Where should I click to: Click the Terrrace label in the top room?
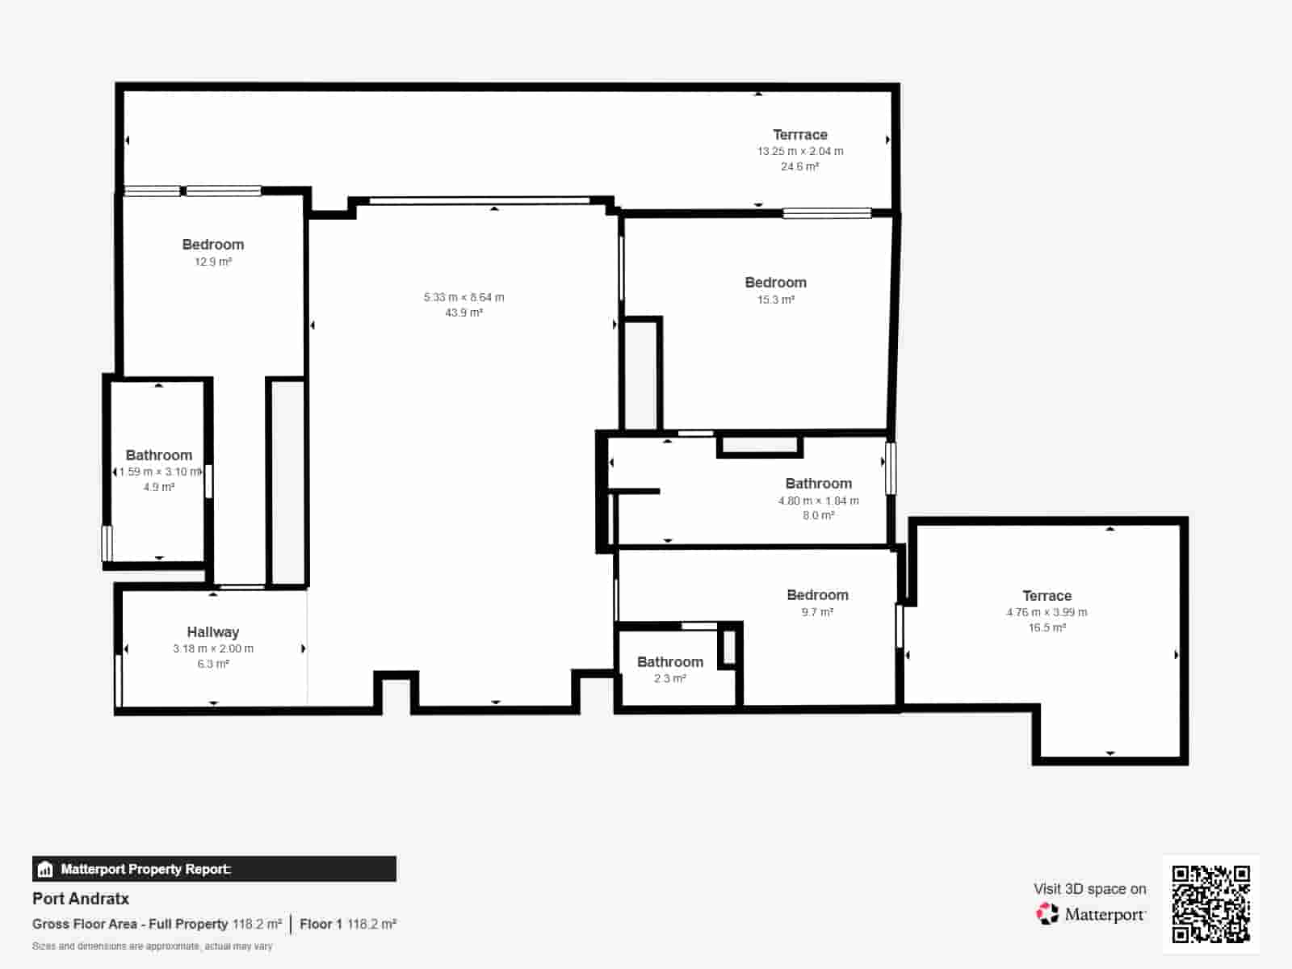click(799, 135)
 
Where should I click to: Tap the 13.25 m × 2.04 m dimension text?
click(799, 151)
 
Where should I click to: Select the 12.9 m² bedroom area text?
click(212, 262)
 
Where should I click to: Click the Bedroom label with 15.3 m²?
click(775, 283)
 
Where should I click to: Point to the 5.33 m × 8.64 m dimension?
click(464, 297)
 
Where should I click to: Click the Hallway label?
click(212, 632)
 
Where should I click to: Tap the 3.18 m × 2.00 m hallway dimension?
click(212, 648)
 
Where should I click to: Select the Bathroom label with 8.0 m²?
click(818, 484)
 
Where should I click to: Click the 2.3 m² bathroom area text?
click(669, 678)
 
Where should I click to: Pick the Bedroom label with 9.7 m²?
click(817, 595)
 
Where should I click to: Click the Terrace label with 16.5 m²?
click(1047, 596)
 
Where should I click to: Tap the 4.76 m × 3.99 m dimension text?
click(1047, 612)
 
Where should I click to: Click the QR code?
click(1210, 904)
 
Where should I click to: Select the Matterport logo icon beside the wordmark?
click(1047, 914)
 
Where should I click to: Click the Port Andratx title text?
click(81, 899)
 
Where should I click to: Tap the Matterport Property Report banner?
click(214, 869)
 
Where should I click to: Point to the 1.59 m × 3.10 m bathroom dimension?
click(158, 472)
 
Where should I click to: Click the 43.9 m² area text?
click(464, 313)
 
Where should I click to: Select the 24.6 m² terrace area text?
click(799, 166)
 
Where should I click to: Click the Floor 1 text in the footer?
click(321, 924)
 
